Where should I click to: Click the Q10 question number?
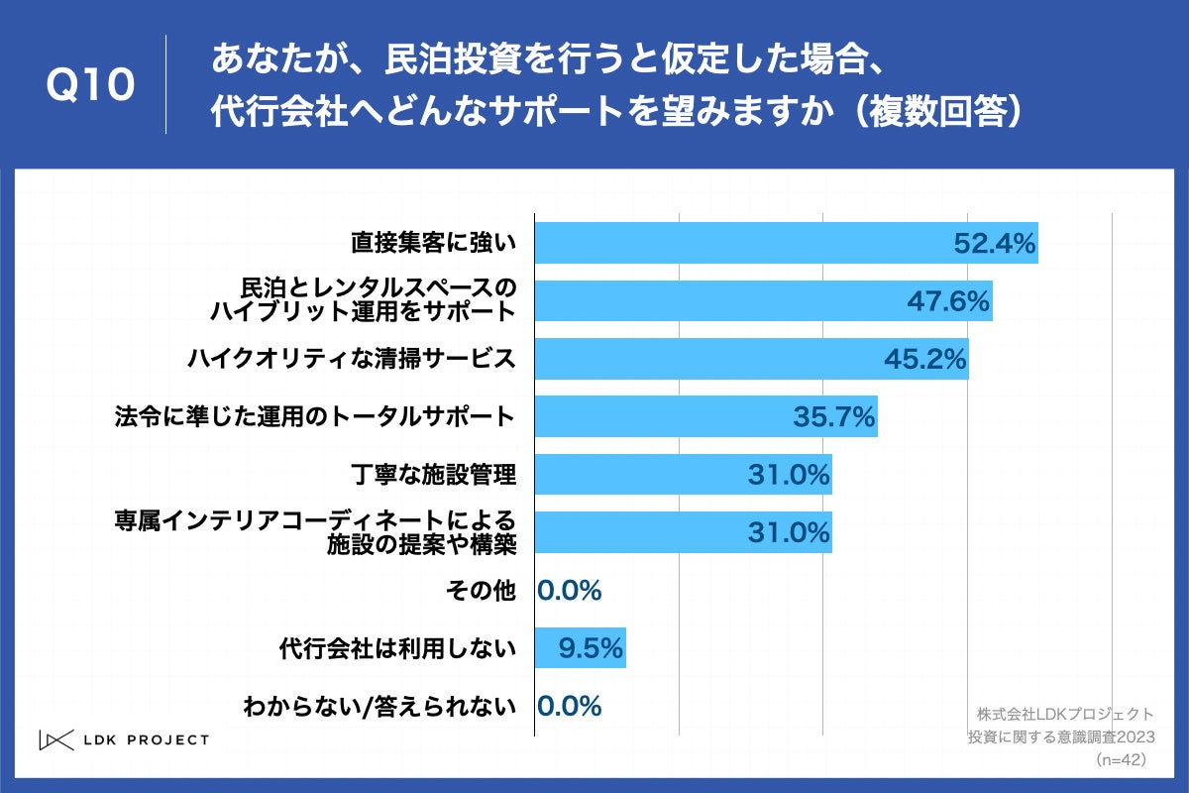pyautogui.click(x=90, y=85)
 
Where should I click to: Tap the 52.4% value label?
pyautogui.click(x=994, y=243)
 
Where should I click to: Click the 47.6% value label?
pyautogui.click(x=948, y=301)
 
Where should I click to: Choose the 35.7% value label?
pyautogui.click(x=833, y=417)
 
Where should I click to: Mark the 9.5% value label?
pyautogui.click(x=591, y=649)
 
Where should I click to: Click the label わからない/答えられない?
pyautogui.click(x=379, y=707)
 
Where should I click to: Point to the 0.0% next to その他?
pyautogui.click(x=570, y=592)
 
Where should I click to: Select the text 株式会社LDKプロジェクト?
pyautogui.click(x=1064, y=714)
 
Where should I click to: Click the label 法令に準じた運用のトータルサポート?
pyautogui.click(x=315, y=417)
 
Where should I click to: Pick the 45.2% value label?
pyautogui.click(x=924, y=359)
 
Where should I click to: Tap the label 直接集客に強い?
pyautogui.click(x=434, y=243)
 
